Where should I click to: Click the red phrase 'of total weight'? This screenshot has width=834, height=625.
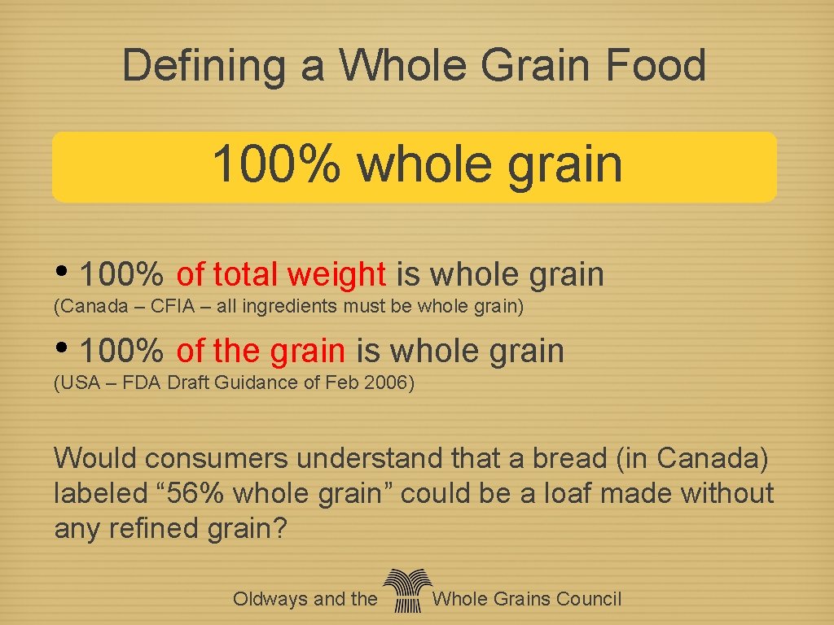tap(281, 275)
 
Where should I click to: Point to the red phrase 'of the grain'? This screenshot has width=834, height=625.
tap(261, 352)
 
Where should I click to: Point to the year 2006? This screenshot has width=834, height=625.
tap(387, 382)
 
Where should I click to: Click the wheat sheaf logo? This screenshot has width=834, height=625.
tap(405, 591)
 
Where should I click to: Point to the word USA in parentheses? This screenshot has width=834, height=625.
tap(77, 382)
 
